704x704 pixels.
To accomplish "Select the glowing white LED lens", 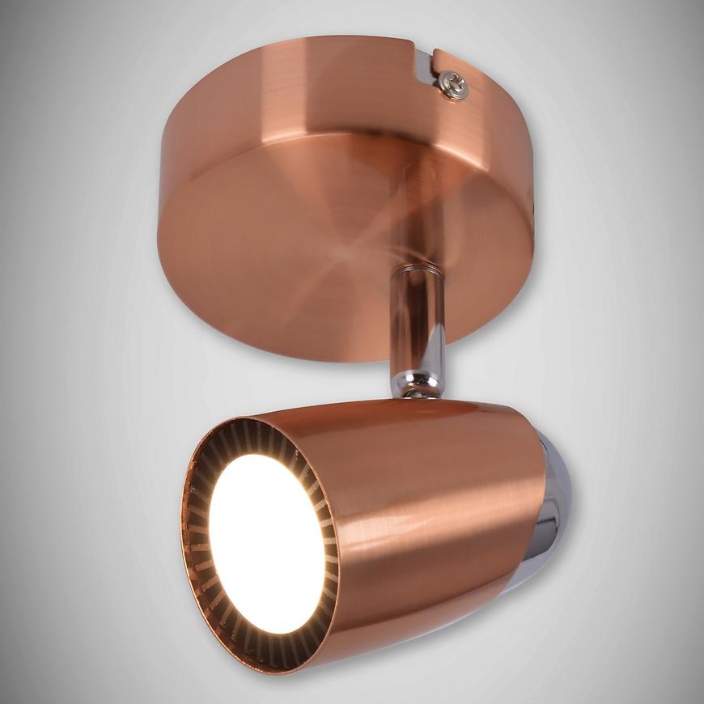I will point(266,543).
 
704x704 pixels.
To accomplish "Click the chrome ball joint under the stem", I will point(418,385).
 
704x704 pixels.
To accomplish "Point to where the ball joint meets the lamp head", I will point(418,398).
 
